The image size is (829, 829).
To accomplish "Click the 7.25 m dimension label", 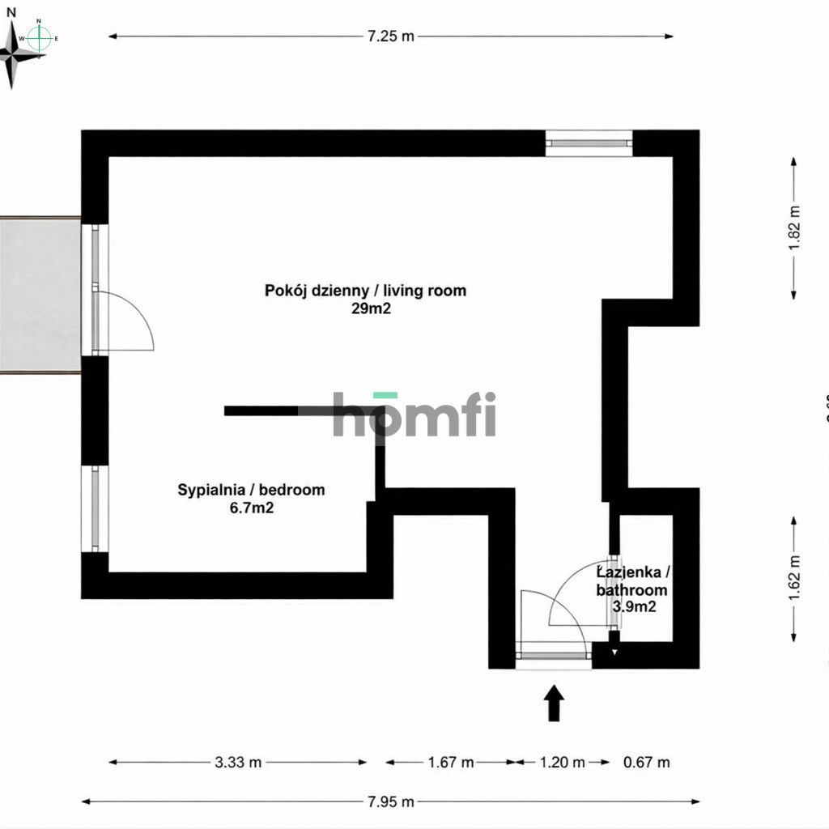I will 391,36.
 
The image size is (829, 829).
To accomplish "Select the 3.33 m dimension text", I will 238,762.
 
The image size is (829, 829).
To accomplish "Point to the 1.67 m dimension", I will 450,762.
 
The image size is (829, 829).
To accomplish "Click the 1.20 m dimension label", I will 562,762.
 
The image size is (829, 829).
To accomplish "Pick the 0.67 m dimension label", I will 646,762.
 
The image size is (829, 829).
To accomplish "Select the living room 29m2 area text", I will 366,308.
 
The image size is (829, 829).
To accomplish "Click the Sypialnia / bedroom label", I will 251,490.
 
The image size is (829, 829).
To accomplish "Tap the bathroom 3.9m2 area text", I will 632,606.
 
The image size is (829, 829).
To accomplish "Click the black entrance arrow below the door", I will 554,703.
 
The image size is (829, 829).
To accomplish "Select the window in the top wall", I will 588,142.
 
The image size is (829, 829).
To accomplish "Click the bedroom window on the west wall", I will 96,509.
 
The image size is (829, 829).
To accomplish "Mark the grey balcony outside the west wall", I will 40,295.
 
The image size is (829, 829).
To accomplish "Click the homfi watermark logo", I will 414,414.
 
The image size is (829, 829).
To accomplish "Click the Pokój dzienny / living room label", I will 366,290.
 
